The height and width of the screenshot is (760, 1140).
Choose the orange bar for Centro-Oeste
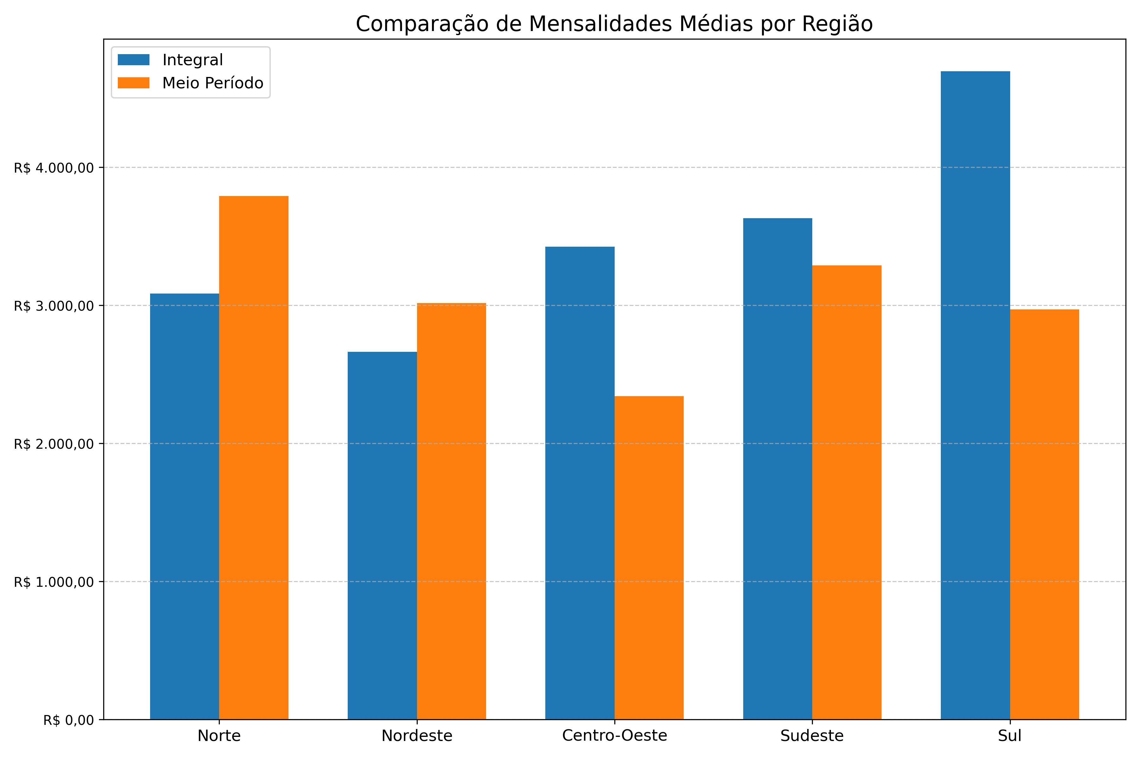(x=649, y=557)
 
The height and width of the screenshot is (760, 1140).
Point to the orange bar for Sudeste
(x=847, y=492)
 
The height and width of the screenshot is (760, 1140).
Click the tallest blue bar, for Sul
(x=975, y=395)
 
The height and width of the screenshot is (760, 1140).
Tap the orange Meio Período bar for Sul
(x=1044, y=514)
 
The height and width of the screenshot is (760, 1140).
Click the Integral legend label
(x=193, y=60)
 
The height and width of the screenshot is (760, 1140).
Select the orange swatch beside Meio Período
(x=134, y=83)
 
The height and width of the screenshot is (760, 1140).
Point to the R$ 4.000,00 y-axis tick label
(x=53, y=168)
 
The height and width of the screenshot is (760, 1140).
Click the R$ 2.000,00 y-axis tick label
(x=53, y=444)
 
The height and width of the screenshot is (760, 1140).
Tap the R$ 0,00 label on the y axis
(x=68, y=720)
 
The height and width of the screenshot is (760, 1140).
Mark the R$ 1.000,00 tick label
(x=53, y=582)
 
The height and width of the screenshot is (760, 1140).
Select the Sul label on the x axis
(x=1010, y=736)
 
